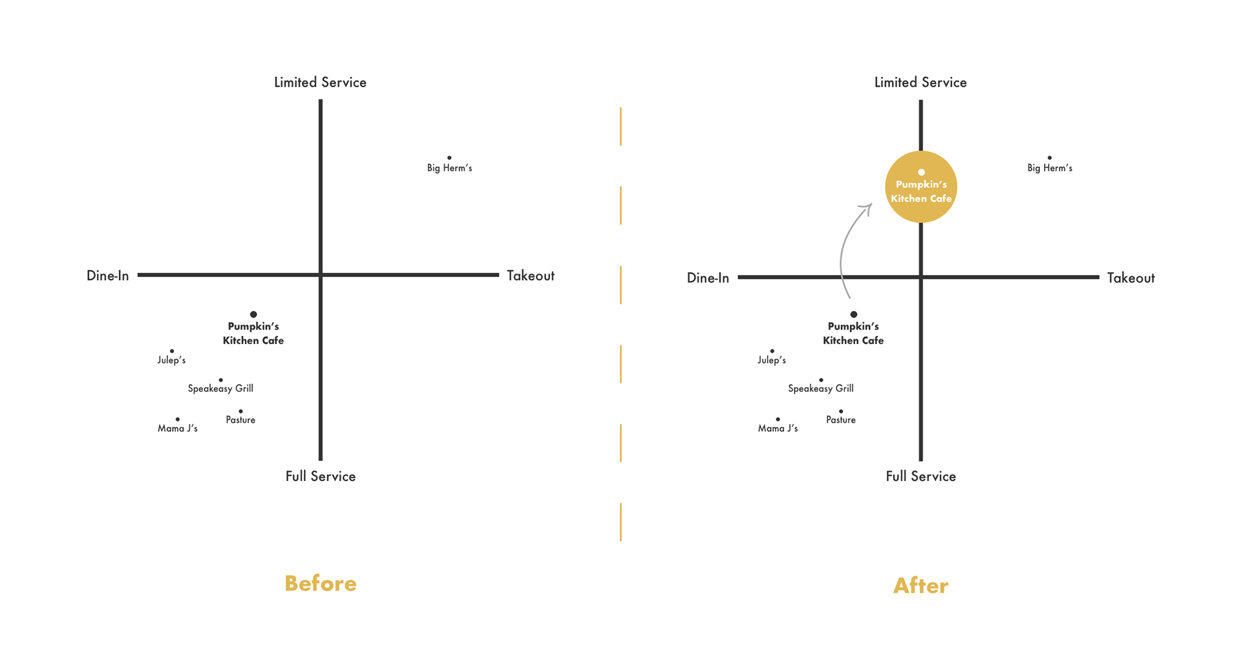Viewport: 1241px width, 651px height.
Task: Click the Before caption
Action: coord(321,583)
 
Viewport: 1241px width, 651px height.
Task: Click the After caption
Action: coord(920,586)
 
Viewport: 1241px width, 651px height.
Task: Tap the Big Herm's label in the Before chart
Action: coord(449,168)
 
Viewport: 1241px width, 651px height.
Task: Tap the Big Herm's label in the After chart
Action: coord(1050,168)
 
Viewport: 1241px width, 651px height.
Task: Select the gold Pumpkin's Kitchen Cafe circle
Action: coord(921,187)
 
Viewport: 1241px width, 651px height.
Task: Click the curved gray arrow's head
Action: coord(867,208)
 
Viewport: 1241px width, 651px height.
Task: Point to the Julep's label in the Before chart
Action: coord(171,360)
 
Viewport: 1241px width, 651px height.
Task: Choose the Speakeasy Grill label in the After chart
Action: coord(821,389)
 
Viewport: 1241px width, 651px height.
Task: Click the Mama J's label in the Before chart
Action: coord(178,429)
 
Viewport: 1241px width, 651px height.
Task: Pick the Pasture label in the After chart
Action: coord(841,420)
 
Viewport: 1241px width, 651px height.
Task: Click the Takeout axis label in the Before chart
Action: coord(531,276)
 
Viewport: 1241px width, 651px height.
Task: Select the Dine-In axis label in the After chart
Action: coord(708,278)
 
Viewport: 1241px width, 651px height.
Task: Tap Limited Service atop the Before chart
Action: coord(320,83)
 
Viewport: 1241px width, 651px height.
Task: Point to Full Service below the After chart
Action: coord(920,476)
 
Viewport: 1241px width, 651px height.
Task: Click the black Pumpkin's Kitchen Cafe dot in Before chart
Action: coord(253,314)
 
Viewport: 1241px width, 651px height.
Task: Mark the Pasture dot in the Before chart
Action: coord(240,411)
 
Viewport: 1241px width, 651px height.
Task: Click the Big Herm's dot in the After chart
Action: coord(1050,158)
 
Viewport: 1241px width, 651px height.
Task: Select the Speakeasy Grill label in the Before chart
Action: coord(220,389)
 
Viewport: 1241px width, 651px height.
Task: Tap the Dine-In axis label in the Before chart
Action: coord(108,276)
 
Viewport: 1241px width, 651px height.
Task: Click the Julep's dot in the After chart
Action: coord(772,351)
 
